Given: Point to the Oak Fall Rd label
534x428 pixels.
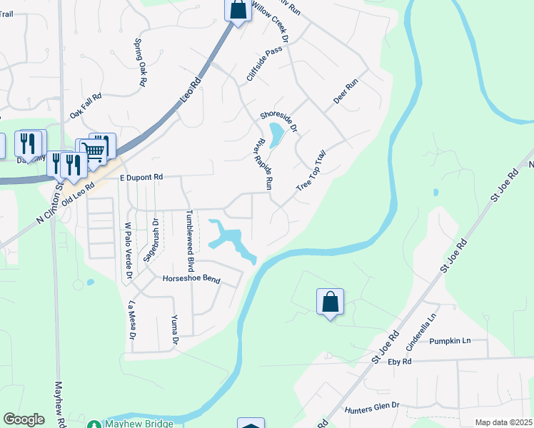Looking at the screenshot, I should pos(86,105).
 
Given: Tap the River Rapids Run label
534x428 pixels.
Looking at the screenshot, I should pos(261,164).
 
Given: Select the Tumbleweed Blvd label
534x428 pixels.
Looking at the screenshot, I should pos(189,240).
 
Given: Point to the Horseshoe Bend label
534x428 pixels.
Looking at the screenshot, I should pos(191,279).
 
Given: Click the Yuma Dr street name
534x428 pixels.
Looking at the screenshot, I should pos(173,329).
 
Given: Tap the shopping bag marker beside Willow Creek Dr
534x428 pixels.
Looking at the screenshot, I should pos(238,10).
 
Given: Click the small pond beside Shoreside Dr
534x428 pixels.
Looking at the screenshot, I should pos(275,133).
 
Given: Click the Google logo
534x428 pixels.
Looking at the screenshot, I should pos(24,419).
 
